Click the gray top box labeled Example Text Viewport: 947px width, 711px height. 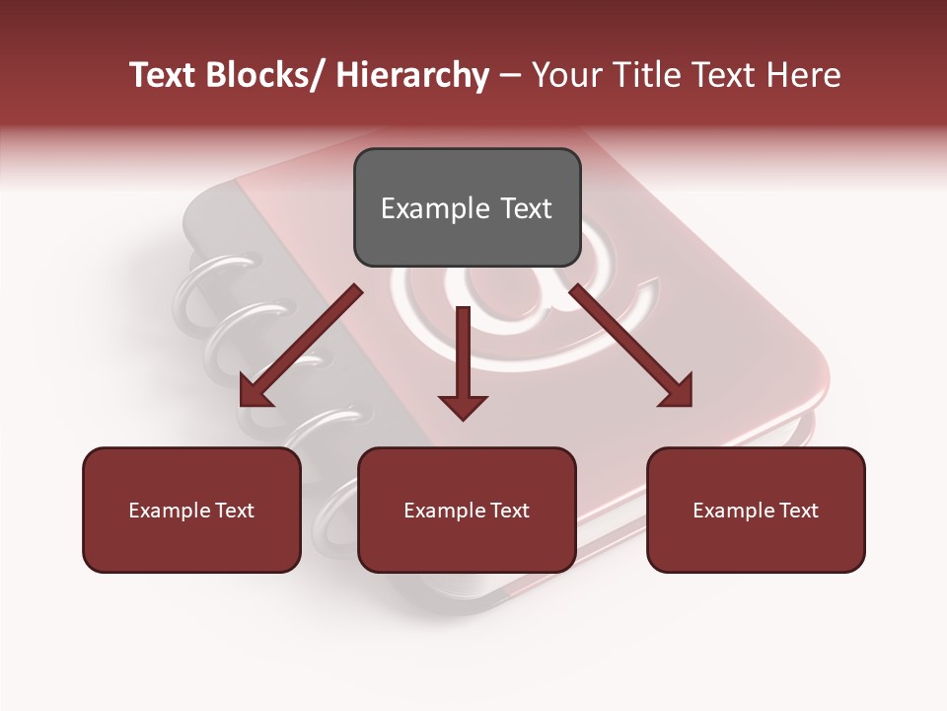tap(467, 207)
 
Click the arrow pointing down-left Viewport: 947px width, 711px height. tap(300, 346)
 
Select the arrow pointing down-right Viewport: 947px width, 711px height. tap(631, 346)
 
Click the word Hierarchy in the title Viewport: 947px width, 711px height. tap(411, 75)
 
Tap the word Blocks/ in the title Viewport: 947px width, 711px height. tap(267, 75)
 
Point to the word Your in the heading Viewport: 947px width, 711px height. tap(568, 75)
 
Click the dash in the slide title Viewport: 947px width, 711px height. tap(510, 75)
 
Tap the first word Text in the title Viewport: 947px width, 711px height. tap(162, 75)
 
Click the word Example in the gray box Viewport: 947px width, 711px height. tap(435, 208)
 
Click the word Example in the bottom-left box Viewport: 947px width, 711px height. tap(170, 511)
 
